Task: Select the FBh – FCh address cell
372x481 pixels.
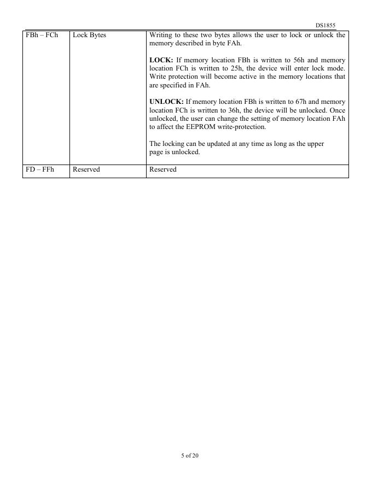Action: (42, 36)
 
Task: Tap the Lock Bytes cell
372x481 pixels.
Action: (89, 36)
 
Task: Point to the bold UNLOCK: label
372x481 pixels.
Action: (166, 102)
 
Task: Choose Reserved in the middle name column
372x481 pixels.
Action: (86, 170)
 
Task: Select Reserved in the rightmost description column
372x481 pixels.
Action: (163, 170)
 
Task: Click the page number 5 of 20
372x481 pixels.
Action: (190, 455)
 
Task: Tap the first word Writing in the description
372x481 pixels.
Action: (160, 36)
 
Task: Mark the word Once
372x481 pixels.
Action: (337, 110)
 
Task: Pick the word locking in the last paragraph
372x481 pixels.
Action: (173, 144)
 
